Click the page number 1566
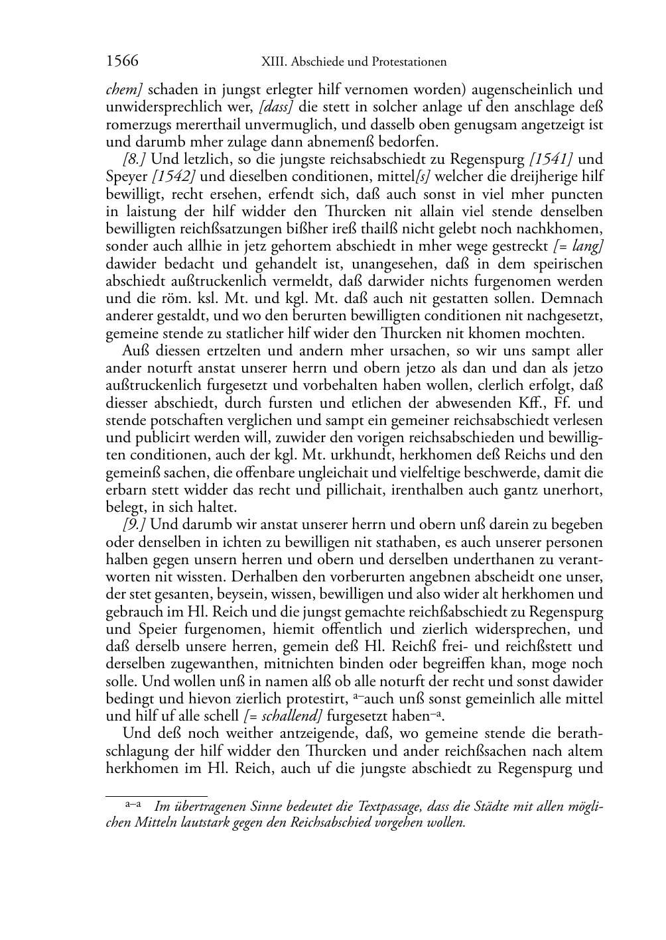point(122,62)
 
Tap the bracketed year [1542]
point(174,177)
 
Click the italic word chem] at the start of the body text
point(124,89)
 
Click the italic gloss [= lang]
point(578,247)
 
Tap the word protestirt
point(316,699)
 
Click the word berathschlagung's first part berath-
point(580,734)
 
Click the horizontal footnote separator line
point(157,795)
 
